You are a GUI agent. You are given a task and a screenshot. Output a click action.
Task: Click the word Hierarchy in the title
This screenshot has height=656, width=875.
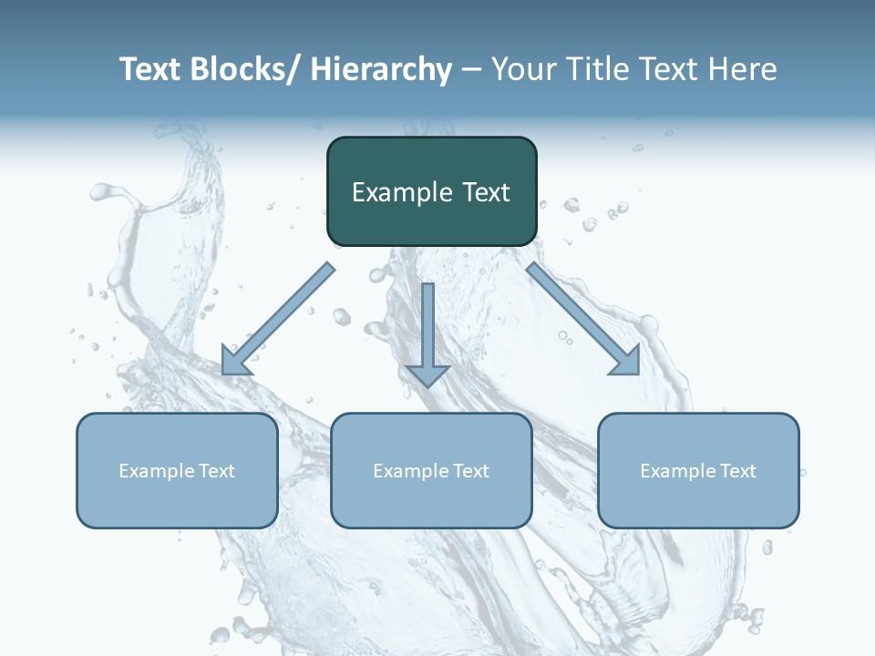coord(381,69)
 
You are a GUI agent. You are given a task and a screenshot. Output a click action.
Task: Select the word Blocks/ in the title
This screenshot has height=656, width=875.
coord(245,69)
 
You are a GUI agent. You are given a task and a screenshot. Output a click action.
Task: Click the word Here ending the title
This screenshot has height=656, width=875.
coord(742,69)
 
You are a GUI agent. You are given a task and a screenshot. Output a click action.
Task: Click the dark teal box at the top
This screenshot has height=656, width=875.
coord(431,191)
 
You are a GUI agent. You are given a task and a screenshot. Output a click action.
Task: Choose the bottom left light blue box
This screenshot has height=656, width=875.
coord(177,470)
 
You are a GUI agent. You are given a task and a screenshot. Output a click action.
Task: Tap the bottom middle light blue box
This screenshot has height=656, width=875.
coord(431,470)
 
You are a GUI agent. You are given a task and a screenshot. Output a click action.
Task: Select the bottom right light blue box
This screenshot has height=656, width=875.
coord(698,470)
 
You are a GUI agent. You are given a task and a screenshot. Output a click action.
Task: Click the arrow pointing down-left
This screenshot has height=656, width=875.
coord(277,320)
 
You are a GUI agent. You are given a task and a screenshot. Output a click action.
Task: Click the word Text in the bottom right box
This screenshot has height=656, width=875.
coord(737,471)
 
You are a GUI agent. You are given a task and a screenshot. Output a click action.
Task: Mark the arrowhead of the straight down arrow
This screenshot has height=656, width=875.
coord(427,374)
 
